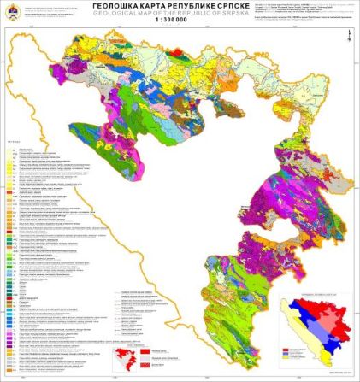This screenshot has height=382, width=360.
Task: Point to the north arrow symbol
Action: tap(349, 34)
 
